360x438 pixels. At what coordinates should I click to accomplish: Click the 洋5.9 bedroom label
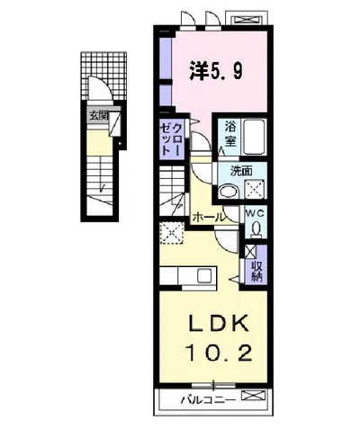point(216,71)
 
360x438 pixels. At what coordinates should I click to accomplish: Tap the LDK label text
point(219,324)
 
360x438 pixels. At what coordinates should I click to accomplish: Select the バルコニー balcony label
point(208,399)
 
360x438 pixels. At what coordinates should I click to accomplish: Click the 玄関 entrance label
point(98,115)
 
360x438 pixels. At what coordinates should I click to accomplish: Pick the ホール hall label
point(208,217)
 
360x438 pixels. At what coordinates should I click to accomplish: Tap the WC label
point(255,213)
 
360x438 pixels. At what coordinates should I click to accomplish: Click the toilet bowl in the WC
point(256,229)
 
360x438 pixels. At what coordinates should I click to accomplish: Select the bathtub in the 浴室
point(255,137)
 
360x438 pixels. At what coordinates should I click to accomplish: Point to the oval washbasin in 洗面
point(228,191)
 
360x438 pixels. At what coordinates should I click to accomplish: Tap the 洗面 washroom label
point(241,171)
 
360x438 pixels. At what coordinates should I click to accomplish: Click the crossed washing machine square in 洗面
point(255,189)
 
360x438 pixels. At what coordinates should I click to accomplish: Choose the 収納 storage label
point(257,272)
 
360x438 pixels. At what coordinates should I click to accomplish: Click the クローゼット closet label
point(171,139)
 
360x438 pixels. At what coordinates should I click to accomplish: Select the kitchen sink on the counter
point(205,275)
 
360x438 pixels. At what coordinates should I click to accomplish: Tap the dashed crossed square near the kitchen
point(171,233)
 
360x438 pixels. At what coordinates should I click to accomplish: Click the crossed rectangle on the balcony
point(254,395)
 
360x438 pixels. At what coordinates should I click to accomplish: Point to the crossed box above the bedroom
point(247,20)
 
